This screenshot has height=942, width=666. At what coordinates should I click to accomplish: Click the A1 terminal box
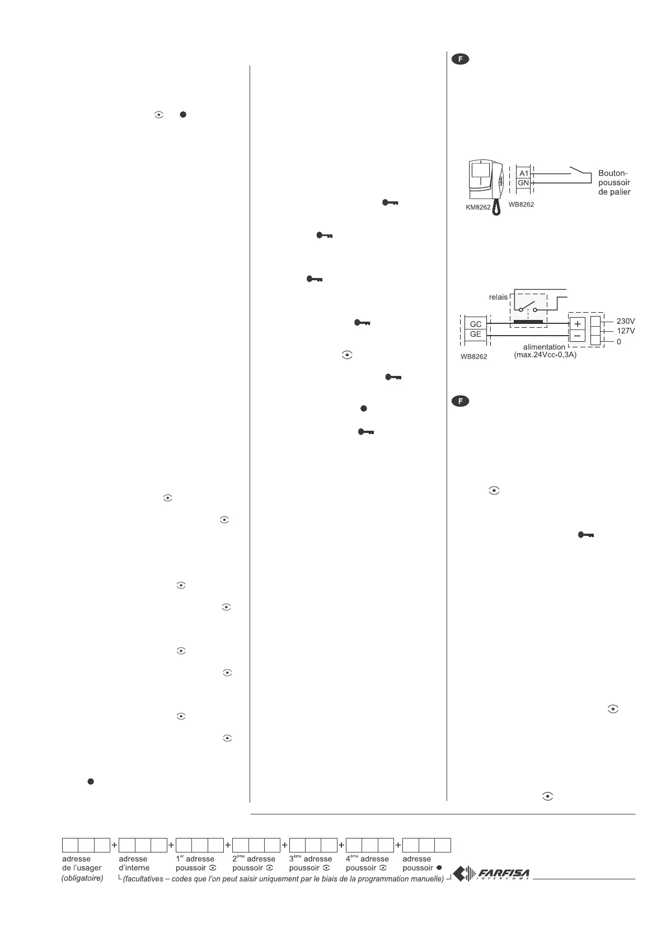[x=523, y=173]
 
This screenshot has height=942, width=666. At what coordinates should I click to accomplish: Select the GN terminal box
[x=523, y=183]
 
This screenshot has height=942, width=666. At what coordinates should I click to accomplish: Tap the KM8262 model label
[x=477, y=207]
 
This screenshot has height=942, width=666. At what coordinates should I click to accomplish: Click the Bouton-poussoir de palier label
[x=615, y=183]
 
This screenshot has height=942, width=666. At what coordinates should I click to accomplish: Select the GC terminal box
[x=476, y=324]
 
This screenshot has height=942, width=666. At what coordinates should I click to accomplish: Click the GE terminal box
[x=476, y=335]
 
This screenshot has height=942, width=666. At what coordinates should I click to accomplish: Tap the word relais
[x=498, y=297]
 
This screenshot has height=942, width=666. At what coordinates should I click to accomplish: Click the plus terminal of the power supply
[x=577, y=323]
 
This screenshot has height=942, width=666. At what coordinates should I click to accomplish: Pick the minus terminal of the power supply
[x=577, y=336]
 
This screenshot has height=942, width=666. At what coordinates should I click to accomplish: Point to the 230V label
[x=626, y=322]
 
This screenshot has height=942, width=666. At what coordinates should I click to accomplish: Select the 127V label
[x=626, y=331]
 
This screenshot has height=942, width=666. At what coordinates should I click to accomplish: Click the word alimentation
[x=545, y=347]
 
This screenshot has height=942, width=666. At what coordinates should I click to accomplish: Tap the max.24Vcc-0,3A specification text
[x=545, y=355]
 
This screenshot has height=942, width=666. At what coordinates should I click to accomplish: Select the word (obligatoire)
[x=82, y=879]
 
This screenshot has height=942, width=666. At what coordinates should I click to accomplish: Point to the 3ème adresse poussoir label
[x=311, y=863]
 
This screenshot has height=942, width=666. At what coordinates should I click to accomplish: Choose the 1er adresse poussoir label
[x=196, y=863]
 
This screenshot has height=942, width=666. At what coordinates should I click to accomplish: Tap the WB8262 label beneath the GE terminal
[x=473, y=356]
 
